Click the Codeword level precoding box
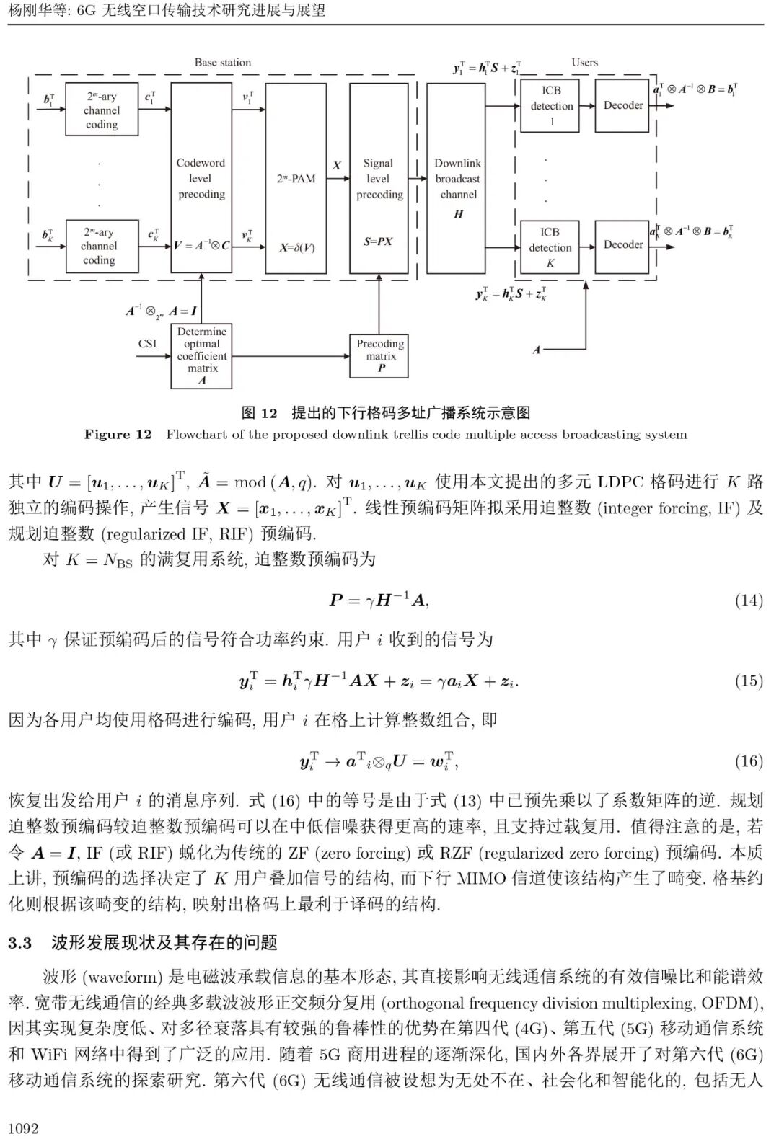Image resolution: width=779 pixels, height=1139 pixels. (201, 179)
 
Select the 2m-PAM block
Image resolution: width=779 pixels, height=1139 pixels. (296, 179)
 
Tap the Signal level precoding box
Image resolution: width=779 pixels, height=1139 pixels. (379, 179)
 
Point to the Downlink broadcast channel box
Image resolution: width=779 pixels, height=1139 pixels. (458, 179)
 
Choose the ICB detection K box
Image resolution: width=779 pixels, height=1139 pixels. (550, 247)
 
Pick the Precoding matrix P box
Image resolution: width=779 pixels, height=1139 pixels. (380, 355)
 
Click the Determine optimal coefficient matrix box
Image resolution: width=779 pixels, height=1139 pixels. (202, 355)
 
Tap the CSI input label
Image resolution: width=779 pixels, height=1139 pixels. (147, 344)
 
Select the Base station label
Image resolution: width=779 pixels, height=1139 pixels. (223, 63)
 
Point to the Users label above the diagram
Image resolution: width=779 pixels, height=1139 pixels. (584, 63)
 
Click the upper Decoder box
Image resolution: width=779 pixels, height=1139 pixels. (623, 105)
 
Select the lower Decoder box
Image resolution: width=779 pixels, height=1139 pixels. (623, 245)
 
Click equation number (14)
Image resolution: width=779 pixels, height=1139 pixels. (749, 600)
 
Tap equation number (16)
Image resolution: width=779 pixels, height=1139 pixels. (749, 761)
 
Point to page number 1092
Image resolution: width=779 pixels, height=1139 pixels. (23, 1128)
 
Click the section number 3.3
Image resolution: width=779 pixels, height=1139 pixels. (20, 943)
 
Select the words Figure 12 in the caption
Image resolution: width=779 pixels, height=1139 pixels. (118, 435)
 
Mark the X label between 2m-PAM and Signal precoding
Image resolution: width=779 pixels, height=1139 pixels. (336, 165)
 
